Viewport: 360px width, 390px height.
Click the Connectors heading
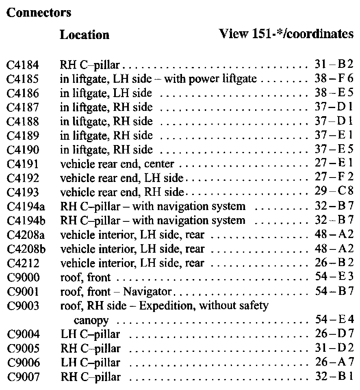(39, 13)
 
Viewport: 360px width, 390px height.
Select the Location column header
(85, 35)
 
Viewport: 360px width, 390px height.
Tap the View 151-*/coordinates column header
(286, 34)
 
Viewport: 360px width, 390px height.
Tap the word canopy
(91, 321)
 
